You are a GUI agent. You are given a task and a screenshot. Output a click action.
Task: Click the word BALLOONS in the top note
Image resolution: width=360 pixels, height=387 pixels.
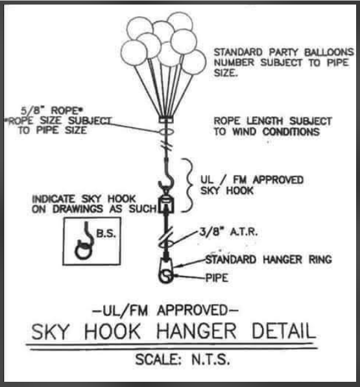[x=329, y=53]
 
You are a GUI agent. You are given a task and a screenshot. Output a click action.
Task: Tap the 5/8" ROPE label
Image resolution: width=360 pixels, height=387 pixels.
[x=52, y=110]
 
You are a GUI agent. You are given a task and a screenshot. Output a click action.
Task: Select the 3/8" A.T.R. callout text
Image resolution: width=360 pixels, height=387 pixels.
[x=228, y=232]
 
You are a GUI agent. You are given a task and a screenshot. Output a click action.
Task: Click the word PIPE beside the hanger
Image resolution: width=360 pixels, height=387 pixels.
[x=217, y=278]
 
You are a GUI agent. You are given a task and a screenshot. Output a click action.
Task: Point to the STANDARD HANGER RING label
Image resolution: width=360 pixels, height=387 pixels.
[x=269, y=259]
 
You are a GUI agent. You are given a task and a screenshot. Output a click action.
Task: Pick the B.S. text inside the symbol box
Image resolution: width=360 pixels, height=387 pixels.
[x=106, y=234]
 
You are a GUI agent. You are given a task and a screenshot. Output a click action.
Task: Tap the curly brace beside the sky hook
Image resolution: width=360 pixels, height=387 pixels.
[x=189, y=185]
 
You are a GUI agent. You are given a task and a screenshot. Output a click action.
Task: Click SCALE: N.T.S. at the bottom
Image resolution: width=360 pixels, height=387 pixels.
[x=183, y=359]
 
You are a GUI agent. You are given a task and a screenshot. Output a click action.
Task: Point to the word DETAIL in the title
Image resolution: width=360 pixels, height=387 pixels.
[x=284, y=331]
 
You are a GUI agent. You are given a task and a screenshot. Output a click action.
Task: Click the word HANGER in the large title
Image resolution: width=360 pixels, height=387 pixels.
[x=197, y=331]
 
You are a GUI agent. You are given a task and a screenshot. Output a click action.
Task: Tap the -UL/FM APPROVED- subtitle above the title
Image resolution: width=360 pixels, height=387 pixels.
[x=165, y=310]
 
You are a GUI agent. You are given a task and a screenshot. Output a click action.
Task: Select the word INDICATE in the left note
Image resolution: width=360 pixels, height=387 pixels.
[x=53, y=199]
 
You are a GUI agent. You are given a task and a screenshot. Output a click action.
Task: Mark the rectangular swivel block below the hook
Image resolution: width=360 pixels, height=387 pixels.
[x=165, y=205]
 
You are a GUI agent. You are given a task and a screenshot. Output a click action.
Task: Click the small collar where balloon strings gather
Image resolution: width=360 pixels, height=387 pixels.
[x=165, y=120]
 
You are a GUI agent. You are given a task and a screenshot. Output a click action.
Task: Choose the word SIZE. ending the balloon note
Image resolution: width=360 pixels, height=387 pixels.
[x=226, y=73]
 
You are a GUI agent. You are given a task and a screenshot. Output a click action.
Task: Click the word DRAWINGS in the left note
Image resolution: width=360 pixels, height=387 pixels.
[x=78, y=209]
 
